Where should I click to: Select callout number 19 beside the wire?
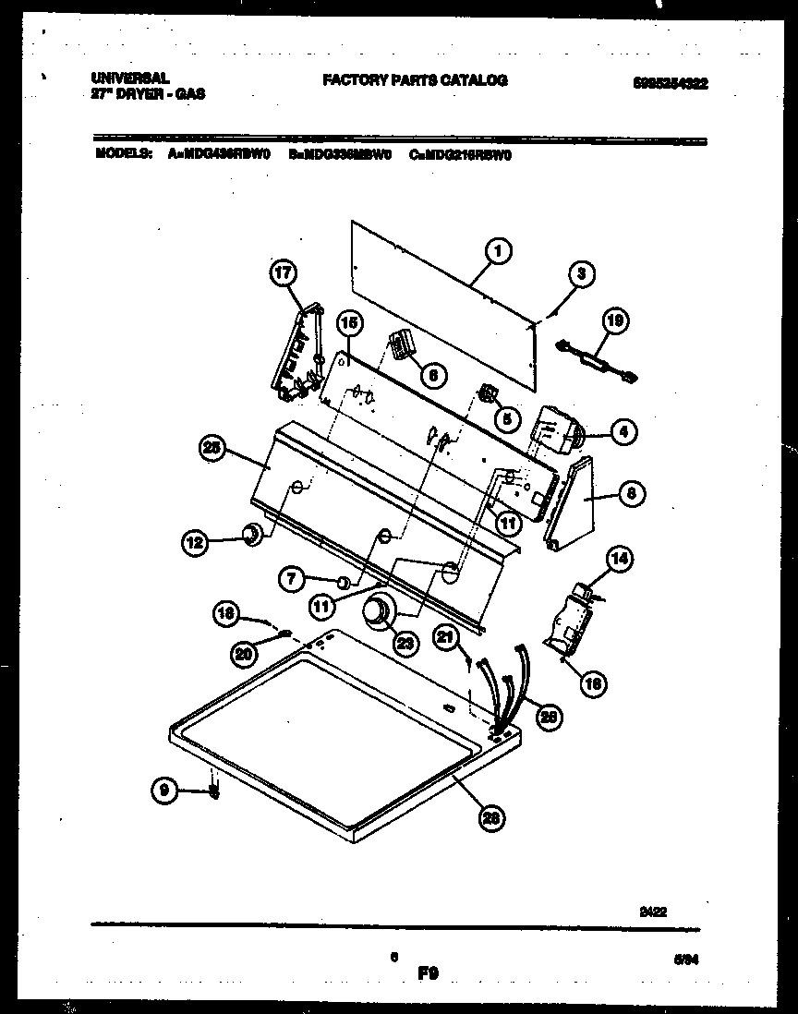point(614,320)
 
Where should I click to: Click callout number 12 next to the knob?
point(193,544)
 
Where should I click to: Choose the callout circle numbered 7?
point(292,579)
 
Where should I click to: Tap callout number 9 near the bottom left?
point(163,790)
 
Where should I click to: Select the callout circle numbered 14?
point(620,558)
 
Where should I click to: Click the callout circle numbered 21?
point(446,637)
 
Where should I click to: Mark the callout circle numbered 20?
point(244,653)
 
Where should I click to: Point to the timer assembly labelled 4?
point(555,432)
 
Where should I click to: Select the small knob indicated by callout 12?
point(250,535)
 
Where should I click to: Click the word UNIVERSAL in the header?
point(129,80)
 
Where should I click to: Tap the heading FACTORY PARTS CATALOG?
point(415,80)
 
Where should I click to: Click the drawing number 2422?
point(654,910)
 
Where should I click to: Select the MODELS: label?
point(124,155)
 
